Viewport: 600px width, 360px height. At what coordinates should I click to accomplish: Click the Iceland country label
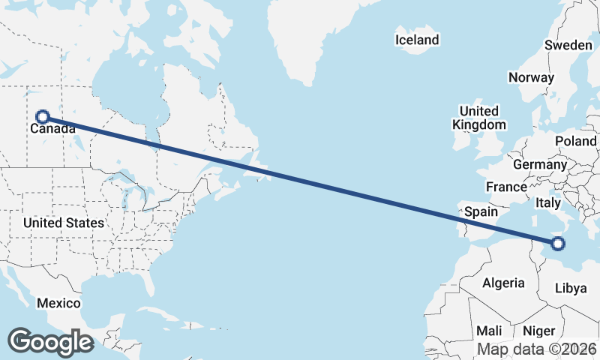coord(418,40)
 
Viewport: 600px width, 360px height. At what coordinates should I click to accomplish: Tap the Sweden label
coord(568,45)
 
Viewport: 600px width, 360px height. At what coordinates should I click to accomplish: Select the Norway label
coord(531,77)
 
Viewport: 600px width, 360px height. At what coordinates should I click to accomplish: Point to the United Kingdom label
coord(478,118)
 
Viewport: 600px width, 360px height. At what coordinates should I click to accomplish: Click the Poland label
coord(575,141)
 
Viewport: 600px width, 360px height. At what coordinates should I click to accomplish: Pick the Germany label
coord(540,164)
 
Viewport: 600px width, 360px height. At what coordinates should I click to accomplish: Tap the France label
coord(506,187)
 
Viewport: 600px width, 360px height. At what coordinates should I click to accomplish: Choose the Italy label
coord(548,202)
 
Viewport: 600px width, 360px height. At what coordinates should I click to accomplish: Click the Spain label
coord(481,212)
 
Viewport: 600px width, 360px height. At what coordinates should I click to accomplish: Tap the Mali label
coord(489,331)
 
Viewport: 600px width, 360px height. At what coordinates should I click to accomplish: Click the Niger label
coord(538,331)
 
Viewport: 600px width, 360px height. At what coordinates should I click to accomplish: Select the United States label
coord(63,223)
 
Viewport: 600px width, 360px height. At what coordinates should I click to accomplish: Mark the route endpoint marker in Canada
coord(43,116)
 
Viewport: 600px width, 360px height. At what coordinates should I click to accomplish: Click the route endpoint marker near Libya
coord(557,243)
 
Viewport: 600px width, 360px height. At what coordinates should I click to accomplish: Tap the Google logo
coord(50,342)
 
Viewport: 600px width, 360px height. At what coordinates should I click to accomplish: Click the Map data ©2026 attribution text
coord(537,349)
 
